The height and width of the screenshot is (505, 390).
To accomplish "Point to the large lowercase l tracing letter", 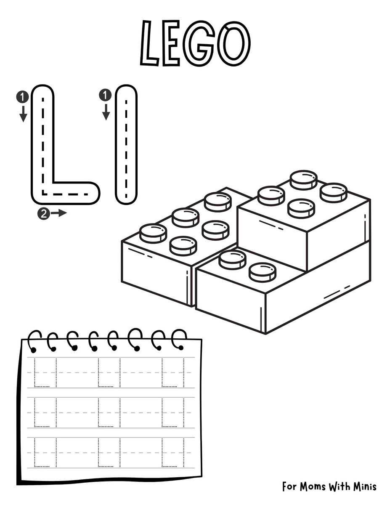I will tap(126, 145).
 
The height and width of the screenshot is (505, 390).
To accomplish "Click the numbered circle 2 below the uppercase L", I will tap(42, 213).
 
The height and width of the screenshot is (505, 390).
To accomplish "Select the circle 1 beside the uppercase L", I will tap(23, 97).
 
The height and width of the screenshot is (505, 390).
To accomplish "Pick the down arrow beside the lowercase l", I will tap(106, 112).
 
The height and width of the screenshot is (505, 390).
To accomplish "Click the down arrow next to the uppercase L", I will tap(23, 114).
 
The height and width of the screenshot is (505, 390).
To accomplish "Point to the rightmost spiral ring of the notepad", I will tap(179, 339).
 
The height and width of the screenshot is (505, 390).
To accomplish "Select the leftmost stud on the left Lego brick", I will tap(153, 233).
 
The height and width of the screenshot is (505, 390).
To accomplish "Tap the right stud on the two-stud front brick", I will tap(263, 272).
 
